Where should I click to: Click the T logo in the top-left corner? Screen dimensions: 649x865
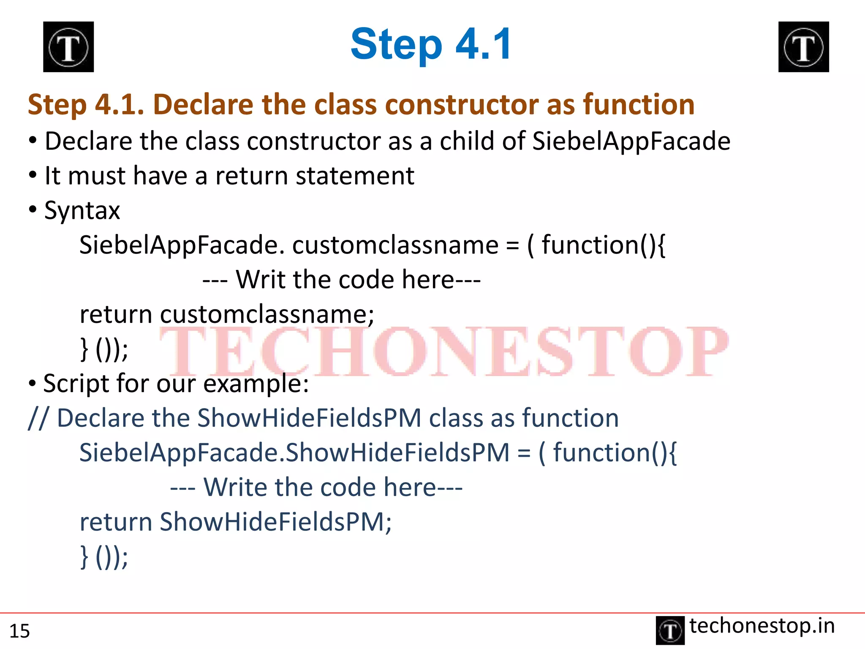click(x=68, y=47)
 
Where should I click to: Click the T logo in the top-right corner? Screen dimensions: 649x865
click(x=803, y=47)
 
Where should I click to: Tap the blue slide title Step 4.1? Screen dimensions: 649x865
click(x=431, y=44)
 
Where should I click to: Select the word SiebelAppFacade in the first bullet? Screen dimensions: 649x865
click(x=631, y=141)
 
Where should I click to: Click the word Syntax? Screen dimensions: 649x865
click(x=82, y=210)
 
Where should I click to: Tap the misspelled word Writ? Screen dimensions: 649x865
click(x=261, y=280)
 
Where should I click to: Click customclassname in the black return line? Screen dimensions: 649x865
click(x=266, y=314)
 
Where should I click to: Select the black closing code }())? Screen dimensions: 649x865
click(x=104, y=349)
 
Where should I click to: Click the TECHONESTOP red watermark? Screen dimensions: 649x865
click(x=443, y=352)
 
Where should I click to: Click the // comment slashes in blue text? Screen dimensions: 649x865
click(x=38, y=418)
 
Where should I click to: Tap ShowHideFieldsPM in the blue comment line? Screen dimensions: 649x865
click(x=309, y=418)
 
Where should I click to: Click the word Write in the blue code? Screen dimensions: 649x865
click(x=235, y=487)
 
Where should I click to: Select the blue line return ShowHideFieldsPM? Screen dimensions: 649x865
click(x=236, y=522)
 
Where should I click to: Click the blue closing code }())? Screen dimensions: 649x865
click(x=104, y=556)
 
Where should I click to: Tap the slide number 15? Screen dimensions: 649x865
click(x=19, y=631)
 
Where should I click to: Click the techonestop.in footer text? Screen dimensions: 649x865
click(x=762, y=626)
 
